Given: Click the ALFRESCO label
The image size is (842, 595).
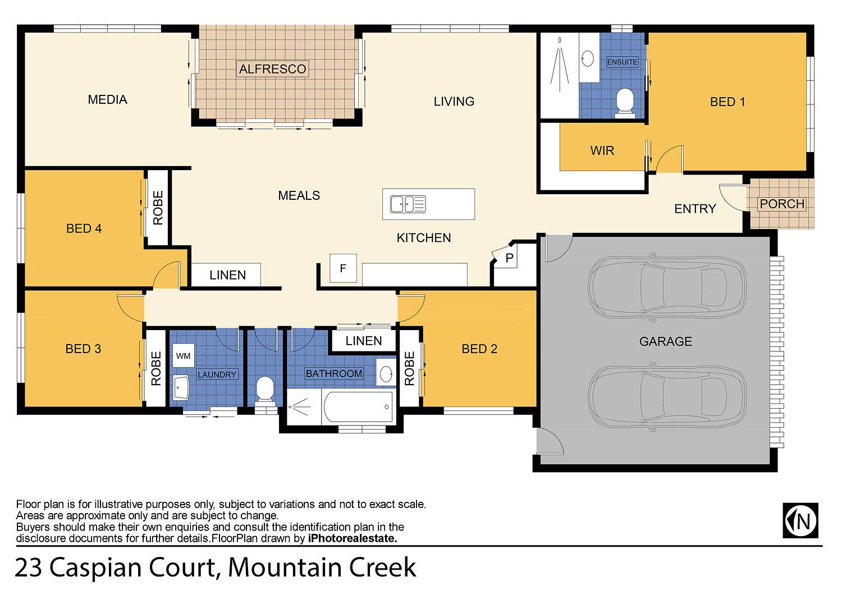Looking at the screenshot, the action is click(272, 69).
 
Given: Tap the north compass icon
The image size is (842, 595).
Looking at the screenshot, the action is click(800, 520).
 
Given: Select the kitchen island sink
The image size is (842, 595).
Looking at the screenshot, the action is click(408, 204).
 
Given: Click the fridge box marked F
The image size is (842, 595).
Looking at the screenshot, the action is click(343, 268).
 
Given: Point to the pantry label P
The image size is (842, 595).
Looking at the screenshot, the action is click(509, 258).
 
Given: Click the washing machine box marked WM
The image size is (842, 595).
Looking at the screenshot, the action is click(183, 355).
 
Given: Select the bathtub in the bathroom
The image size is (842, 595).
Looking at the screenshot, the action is click(358, 407).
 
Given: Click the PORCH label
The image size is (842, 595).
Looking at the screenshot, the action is click(782, 204).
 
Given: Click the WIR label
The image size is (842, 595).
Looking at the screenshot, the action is click(602, 150).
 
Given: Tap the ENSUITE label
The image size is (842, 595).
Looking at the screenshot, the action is click(622, 62).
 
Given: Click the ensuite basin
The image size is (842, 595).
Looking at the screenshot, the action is click(588, 58).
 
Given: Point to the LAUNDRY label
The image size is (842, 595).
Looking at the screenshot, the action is click(217, 374).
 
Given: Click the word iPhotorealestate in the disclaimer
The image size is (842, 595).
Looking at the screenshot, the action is click(352, 538).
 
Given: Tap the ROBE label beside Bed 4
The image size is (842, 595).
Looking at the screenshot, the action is click(158, 208).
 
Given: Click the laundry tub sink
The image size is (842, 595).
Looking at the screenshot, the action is click(181, 387).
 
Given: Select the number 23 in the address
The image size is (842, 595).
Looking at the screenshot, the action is click(29, 567).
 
